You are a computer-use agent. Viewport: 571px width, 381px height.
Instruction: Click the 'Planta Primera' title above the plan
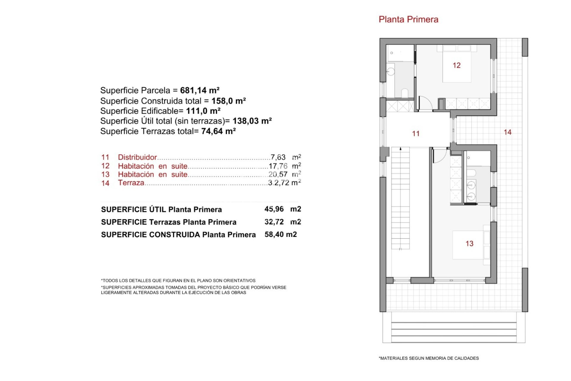coord(408,20)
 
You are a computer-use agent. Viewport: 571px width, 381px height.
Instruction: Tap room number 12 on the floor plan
coord(457,65)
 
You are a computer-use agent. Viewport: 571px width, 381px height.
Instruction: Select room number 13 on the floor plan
coord(469,244)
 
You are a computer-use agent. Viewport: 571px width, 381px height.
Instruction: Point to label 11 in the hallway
coord(416,134)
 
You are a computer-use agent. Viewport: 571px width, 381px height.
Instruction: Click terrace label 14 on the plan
coord(507,132)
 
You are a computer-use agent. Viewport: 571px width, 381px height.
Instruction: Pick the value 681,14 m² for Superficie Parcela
coord(200,90)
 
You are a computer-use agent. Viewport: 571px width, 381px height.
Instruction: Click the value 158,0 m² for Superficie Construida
coord(228,101)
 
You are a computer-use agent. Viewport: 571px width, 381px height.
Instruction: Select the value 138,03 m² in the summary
coord(252,121)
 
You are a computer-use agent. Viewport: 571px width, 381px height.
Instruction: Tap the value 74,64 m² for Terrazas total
coord(218,131)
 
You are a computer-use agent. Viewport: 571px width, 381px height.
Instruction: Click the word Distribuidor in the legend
coord(137,157)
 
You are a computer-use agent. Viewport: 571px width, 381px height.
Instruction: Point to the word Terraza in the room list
coord(131,183)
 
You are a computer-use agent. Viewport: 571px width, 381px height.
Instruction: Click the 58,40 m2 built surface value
coord(280,235)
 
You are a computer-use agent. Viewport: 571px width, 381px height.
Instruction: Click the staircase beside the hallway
coord(400,198)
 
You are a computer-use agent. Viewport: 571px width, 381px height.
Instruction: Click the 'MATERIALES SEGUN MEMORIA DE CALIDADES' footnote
coord(429,358)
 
